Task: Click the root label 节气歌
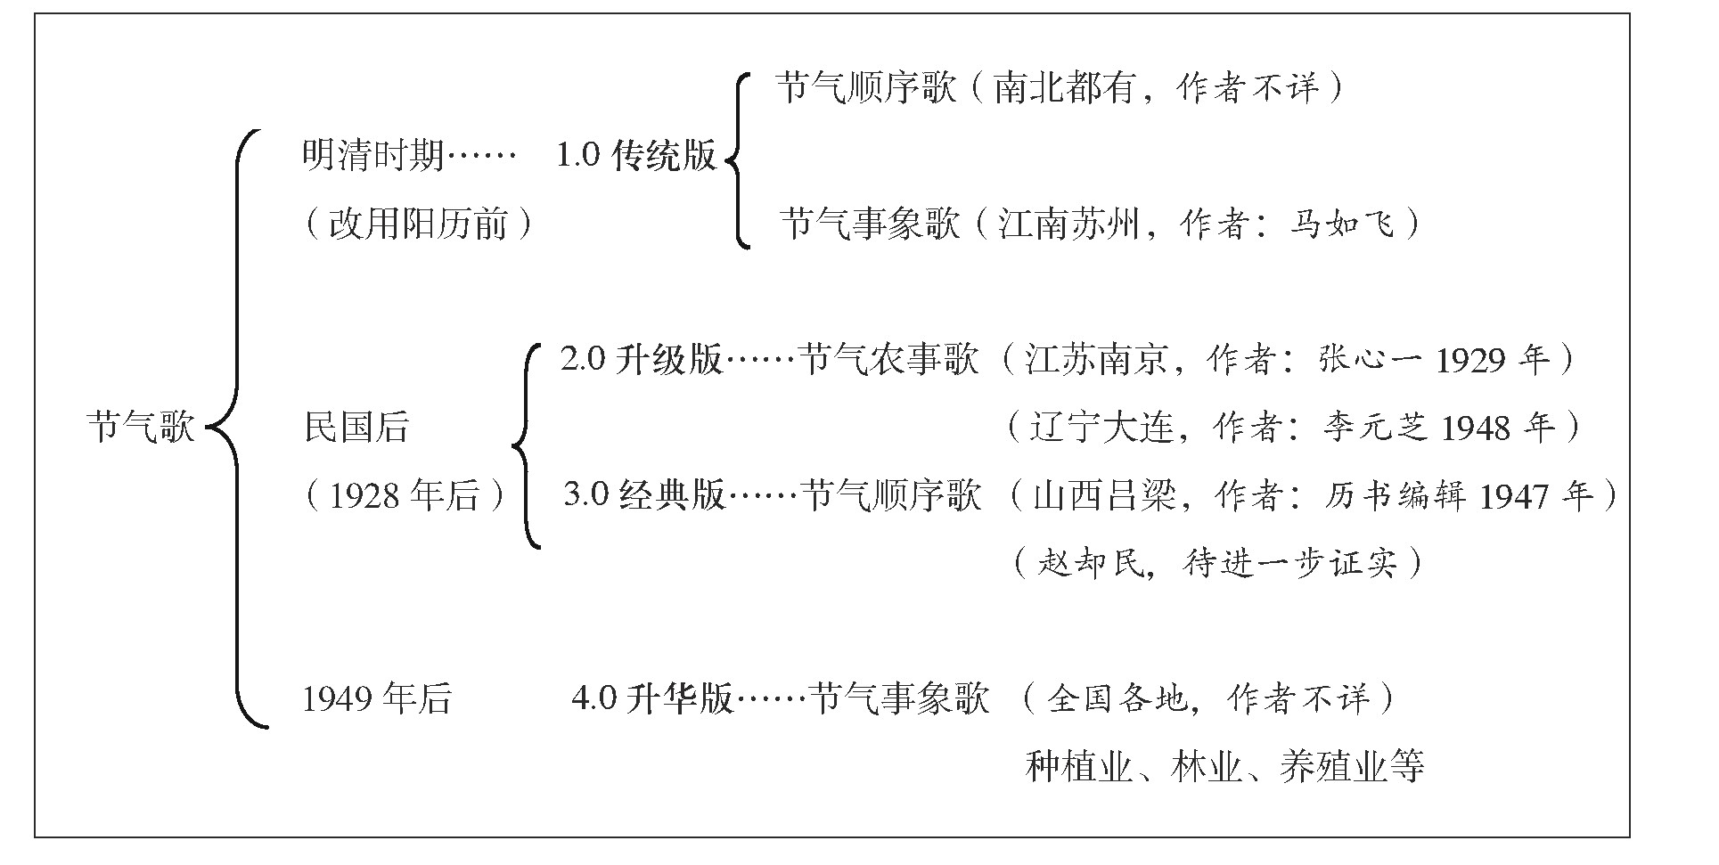tap(141, 427)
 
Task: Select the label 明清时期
tap(372, 156)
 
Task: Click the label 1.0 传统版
tap(636, 156)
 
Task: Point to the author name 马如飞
tap(1341, 223)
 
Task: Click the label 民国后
tap(356, 427)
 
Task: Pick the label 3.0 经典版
tap(645, 494)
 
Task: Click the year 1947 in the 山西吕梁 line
tap(1512, 496)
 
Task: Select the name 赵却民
tap(1090, 563)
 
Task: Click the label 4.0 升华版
tap(652, 698)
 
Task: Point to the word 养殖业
tap(1333, 767)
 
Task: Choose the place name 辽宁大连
tap(1101, 428)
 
